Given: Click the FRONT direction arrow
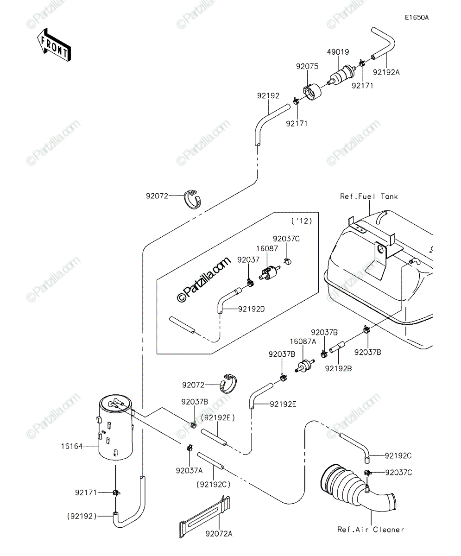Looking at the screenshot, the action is (54, 45).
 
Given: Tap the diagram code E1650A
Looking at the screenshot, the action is (417, 18).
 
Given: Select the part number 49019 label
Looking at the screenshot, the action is (338, 52).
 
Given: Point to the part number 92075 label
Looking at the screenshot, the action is (307, 66).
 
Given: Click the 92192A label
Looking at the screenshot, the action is (386, 72).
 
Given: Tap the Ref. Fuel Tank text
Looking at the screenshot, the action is (369, 196).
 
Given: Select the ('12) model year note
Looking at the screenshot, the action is (302, 221).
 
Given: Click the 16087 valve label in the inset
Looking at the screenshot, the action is (267, 248).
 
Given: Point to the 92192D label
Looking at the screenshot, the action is (251, 309).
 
